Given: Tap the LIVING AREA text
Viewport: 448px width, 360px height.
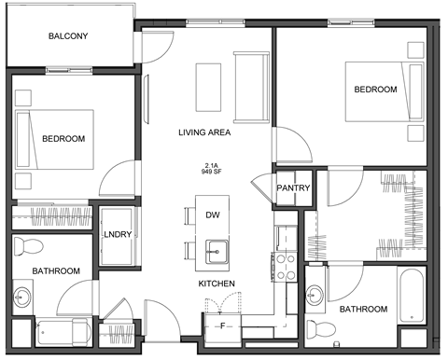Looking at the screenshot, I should click(x=204, y=132).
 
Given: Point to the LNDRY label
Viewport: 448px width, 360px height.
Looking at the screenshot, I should click(x=117, y=235).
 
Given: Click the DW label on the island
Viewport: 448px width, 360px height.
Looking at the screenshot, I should click(x=213, y=215).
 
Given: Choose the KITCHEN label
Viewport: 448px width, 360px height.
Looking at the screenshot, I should click(x=216, y=284).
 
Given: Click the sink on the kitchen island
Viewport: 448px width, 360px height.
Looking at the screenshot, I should click(x=216, y=250).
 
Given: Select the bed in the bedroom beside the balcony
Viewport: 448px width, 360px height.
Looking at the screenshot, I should click(x=53, y=139).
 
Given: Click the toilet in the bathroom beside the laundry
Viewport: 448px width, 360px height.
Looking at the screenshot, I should click(x=30, y=246).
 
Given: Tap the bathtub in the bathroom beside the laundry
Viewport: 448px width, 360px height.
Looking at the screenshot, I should click(x=63, y=330).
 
